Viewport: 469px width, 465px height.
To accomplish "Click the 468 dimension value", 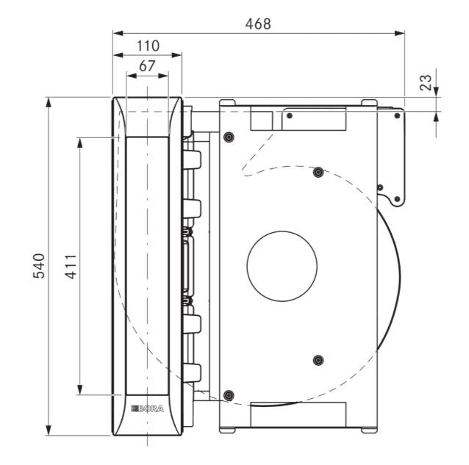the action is [258, 24].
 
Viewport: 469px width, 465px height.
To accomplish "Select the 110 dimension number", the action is [148, 46].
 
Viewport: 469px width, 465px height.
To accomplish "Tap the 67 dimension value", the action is [147, 66].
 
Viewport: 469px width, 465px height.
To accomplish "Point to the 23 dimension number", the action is [426, 82].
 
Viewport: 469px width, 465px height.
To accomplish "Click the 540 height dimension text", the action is [39, 266].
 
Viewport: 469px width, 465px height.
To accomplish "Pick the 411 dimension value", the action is [71, 267].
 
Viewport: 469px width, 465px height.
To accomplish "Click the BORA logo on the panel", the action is [147, 408].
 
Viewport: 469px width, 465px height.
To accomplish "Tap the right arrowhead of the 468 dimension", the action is [400, 33].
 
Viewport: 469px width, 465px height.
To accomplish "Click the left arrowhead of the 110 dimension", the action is [118, 55].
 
